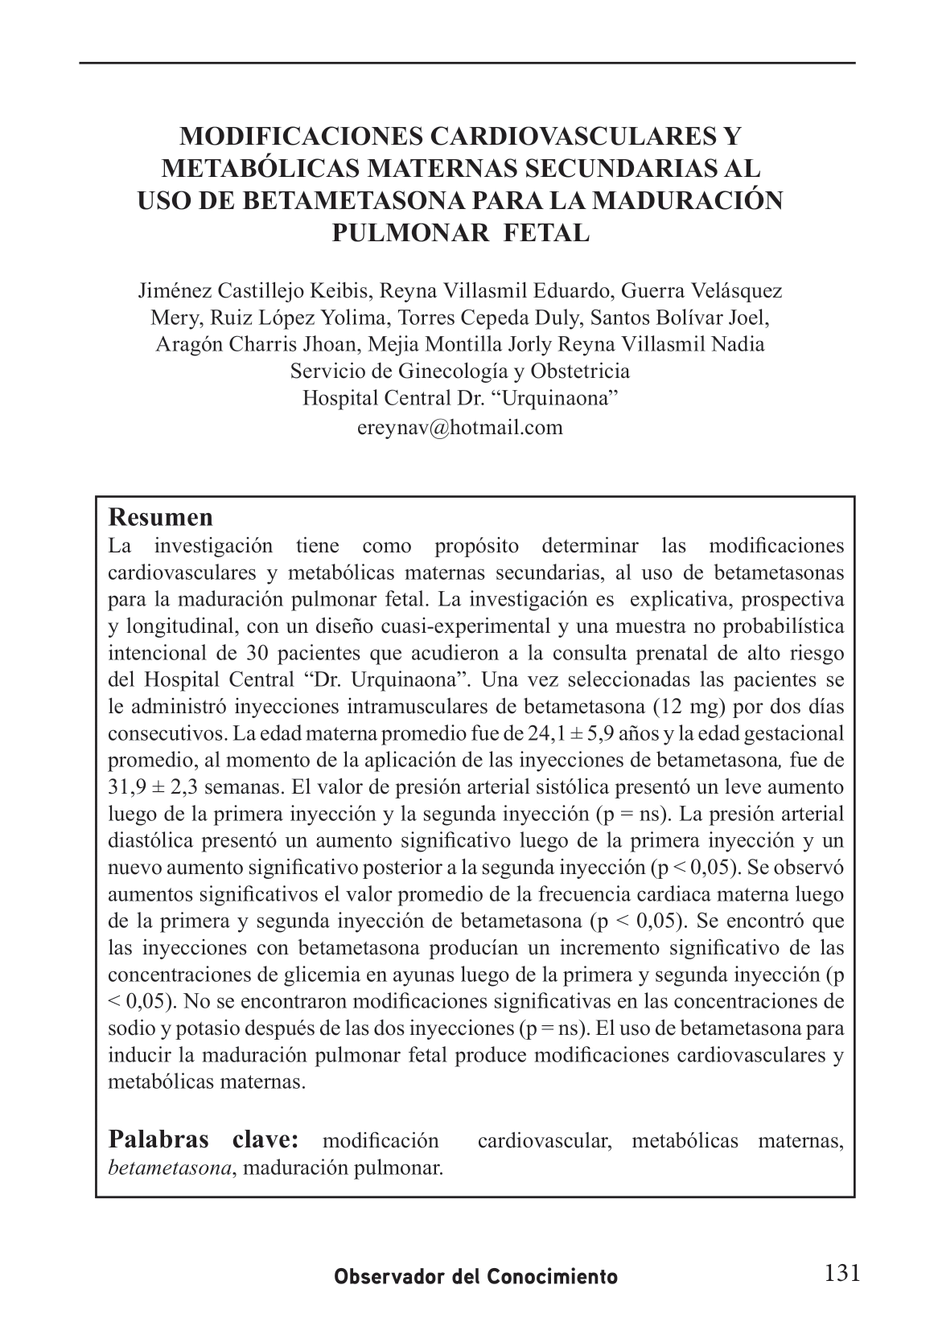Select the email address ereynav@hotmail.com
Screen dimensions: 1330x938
(x=459, y=427)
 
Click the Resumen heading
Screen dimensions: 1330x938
(x=160, y=517)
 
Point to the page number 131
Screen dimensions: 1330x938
(x=841, y=1273)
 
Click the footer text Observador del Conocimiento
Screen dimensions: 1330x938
(x=476, y=1277)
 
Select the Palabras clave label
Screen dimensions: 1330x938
(x=204, y=1140)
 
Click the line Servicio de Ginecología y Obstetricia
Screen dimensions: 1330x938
(x=459, y=371)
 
